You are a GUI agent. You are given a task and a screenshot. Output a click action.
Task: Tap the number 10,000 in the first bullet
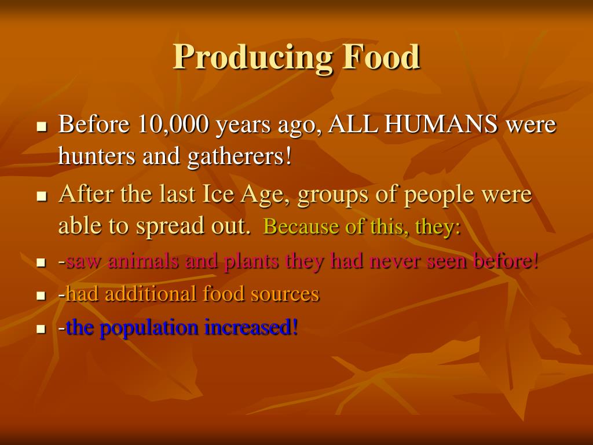pos(173,124)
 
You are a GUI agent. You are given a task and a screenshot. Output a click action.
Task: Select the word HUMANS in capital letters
pos(441,123)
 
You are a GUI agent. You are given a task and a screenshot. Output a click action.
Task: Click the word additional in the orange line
pos(151,294)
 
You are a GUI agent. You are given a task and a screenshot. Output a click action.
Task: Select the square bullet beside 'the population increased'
pos(41,329)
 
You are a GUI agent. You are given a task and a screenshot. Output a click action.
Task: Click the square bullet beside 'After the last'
pos(42,196)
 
